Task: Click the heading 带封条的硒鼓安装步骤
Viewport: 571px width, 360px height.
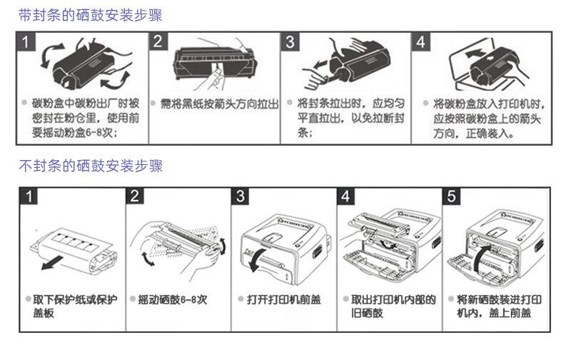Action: click(x=91, y=15)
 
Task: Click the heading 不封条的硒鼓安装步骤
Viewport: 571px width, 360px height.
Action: click(x=91, y=166)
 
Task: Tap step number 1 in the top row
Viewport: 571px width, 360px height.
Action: click(x=26, y=41)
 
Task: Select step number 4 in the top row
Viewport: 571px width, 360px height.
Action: click(x=420, y=41)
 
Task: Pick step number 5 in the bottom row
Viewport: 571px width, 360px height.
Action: click(x=451, y=196)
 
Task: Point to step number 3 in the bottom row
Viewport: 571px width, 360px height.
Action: click(x=241, y=196)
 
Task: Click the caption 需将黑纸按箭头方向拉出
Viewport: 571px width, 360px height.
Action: click(x=219, y=104)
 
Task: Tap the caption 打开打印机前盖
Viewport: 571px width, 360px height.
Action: click(x=284, y=299)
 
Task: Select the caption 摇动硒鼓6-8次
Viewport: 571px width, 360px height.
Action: click(x=172, y=299)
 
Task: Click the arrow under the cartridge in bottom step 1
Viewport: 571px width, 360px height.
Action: click(x=52, y=262)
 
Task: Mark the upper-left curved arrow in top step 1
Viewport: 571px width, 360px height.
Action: click(x=51, y=56)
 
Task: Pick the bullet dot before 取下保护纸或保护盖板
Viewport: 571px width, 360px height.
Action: click(x=28, y=299)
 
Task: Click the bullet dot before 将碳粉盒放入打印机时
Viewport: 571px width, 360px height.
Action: click(x=425, y=103)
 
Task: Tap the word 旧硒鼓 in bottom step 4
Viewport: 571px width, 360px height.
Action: click(x=367, y=313)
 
